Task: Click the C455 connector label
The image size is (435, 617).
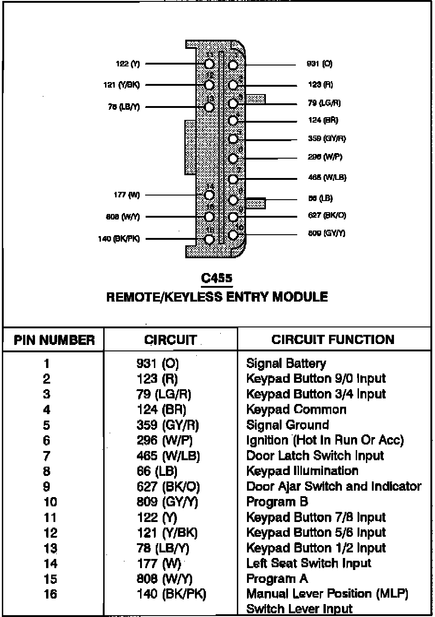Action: (217, 279)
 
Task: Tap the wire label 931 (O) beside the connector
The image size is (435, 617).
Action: (319, 64)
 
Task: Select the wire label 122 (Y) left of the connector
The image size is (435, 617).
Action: (128, 64)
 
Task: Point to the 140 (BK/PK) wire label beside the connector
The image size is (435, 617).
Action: (119, 239)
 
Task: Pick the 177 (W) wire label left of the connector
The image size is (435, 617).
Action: (126, 195)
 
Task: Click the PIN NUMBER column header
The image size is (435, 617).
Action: (54, 340)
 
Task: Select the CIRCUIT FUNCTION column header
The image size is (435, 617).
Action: (333, 340)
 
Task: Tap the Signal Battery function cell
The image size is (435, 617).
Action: (286, 363)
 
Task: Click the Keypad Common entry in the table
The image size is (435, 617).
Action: (296, 409)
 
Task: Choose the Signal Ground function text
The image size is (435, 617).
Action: (288, 425)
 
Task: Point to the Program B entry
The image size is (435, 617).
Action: (277, 502)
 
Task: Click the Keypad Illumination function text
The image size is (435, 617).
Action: (302, 471)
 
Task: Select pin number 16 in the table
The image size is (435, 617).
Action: (50, 594)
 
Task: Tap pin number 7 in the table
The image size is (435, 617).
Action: (47, 456)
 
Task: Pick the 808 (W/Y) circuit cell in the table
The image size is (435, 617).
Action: (165, 579)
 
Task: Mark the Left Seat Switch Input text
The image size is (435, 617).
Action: (309, 563)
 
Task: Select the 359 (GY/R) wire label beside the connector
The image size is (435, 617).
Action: (327, 138)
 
